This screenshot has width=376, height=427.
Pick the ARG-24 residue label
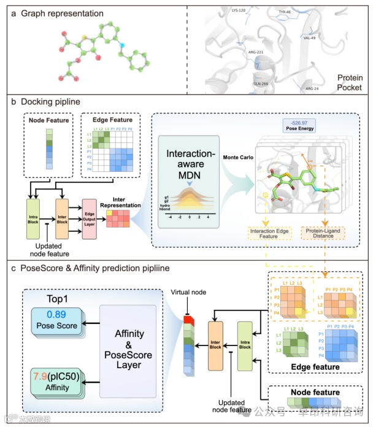313,88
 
